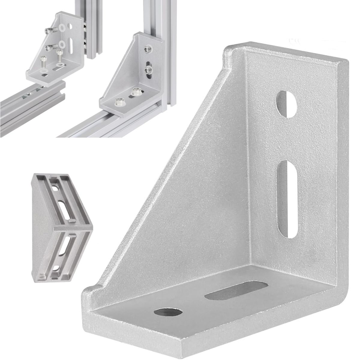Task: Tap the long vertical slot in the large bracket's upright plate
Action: point(289,199)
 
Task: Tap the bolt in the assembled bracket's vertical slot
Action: point(148,70)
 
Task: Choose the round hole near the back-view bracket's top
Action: point(56,189)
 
